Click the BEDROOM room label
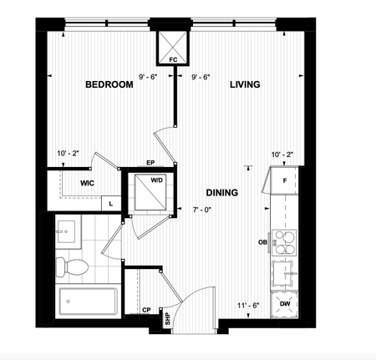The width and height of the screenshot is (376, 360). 110,84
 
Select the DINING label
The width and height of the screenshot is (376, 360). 220,193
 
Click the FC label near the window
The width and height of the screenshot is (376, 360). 173,60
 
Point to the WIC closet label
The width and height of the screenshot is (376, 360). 86,182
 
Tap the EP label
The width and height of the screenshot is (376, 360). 151,163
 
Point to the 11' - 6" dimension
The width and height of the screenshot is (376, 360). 247,305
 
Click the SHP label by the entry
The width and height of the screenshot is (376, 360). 167,318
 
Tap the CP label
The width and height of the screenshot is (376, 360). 146,309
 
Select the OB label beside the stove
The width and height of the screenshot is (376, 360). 262,243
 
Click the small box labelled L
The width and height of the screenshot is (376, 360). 111,203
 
